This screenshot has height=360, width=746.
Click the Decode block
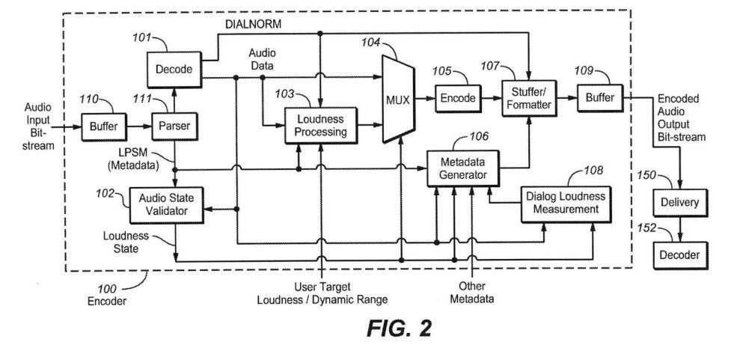point(174,70)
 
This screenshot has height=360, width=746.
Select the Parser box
point(174,126)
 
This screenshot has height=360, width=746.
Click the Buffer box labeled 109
point(599,98)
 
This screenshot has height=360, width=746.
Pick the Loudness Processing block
point(321,125)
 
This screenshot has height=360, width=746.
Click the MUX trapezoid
point(399,99)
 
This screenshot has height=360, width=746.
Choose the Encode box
point(458,98)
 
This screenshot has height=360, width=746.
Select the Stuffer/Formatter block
point(528,98)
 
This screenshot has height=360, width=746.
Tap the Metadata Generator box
point(463,168)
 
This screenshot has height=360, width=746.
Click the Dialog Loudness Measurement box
point(566,204)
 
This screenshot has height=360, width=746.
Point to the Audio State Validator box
point(166,205)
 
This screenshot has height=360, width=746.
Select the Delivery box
point(679,203)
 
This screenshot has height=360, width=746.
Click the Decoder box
point(679,255)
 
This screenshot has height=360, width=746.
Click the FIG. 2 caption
point(399,329)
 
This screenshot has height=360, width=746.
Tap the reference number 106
point(479,137)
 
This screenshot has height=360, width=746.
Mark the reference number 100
point(106,289)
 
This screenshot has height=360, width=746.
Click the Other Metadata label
point(471,293)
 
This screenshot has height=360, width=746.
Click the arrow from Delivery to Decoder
point(679,229)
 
